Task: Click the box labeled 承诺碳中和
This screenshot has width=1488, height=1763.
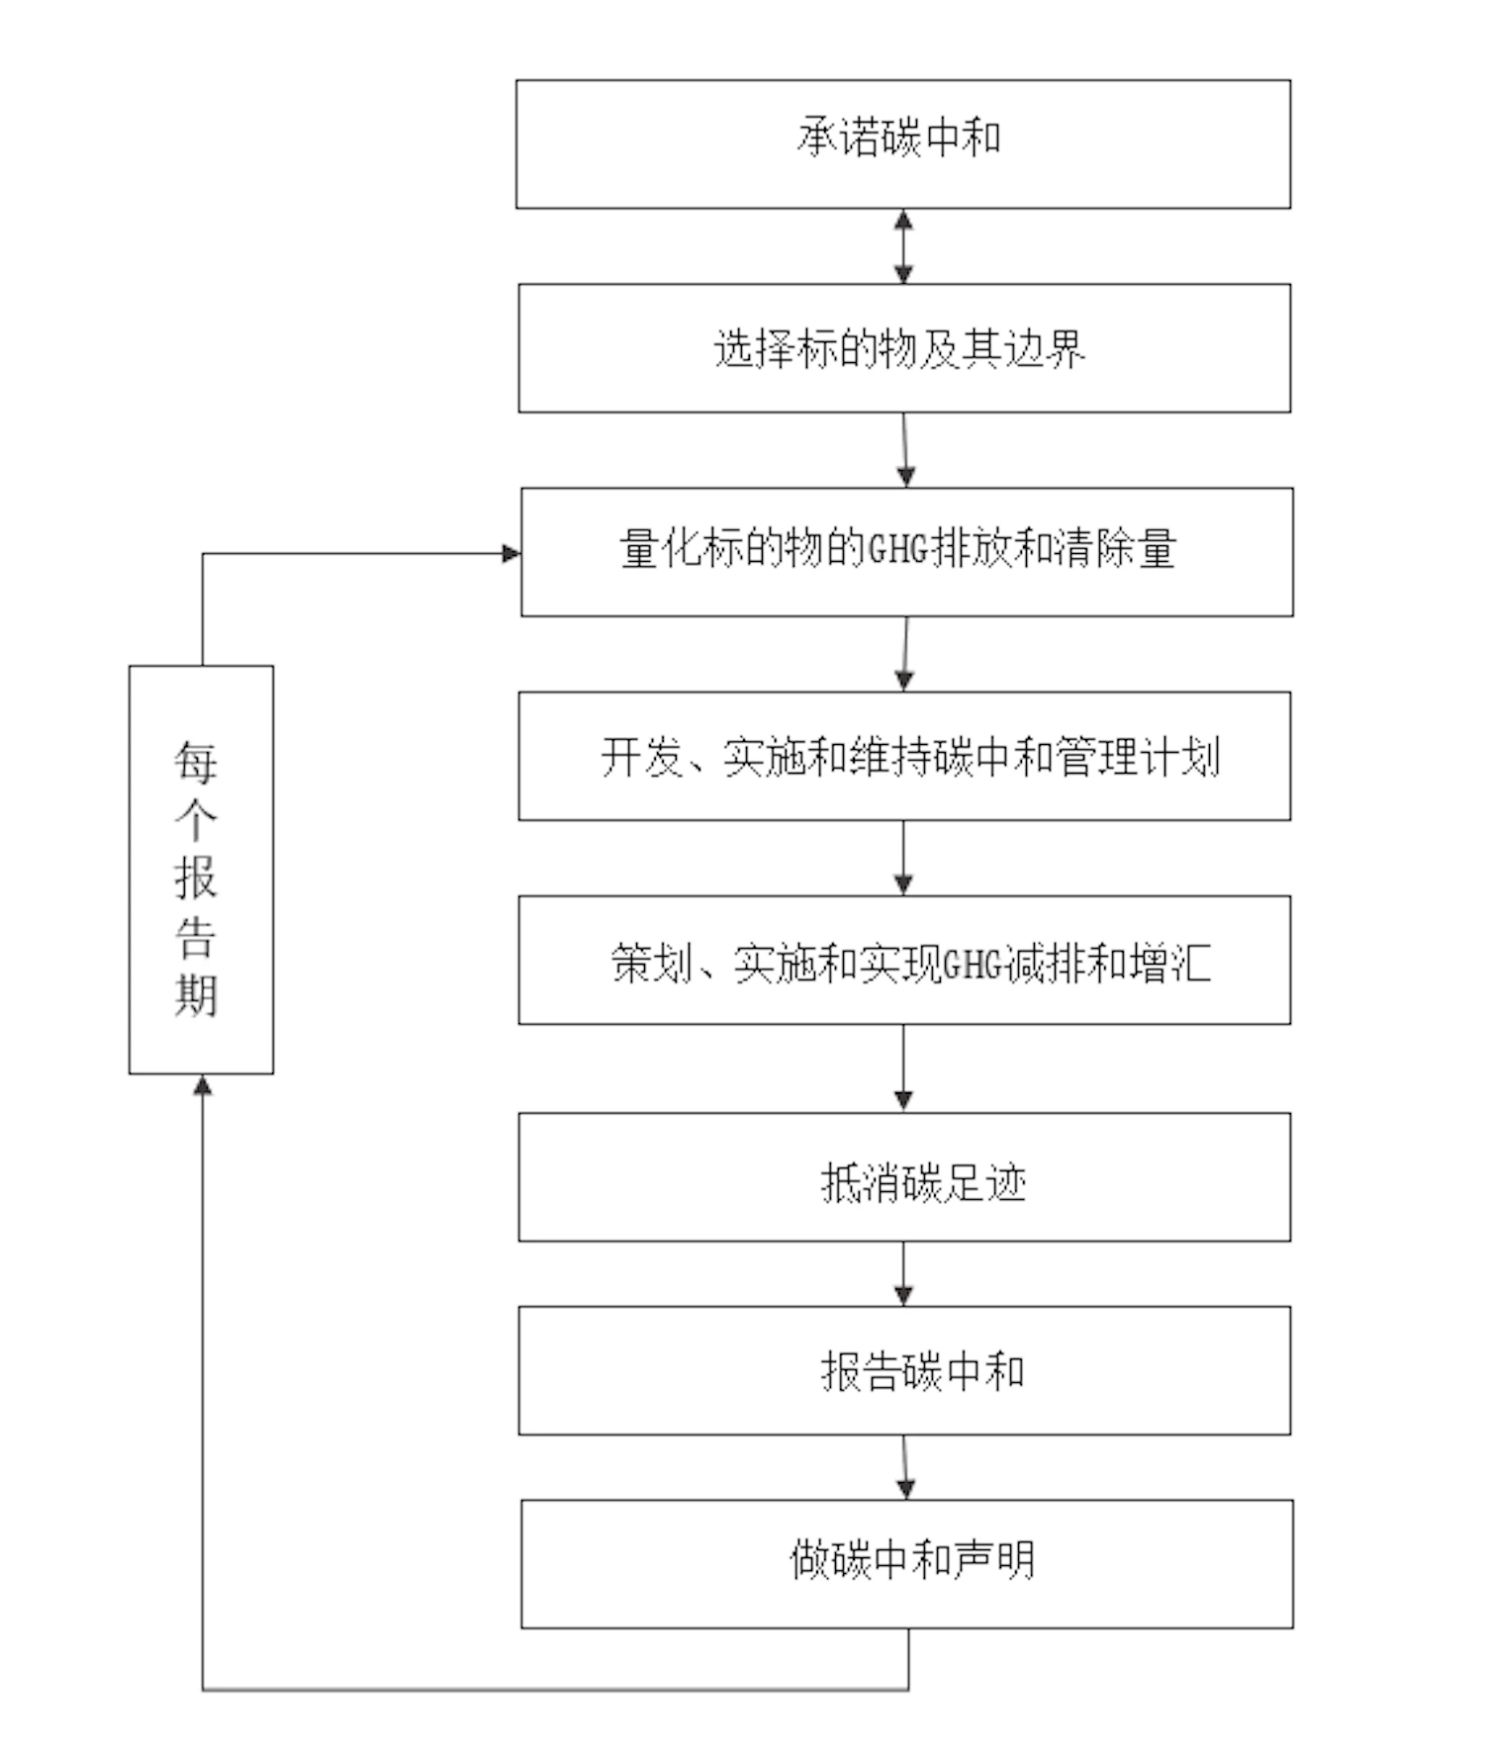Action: coord(902,143)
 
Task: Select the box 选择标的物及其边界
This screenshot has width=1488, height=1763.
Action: coord(903,348)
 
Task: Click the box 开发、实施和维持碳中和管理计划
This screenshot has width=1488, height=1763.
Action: coord(903,756)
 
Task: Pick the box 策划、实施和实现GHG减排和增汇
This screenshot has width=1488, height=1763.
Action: coord(903,961)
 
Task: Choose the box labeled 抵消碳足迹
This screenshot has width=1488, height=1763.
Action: coord(903,1177)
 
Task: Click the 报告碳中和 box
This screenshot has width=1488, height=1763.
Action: coord(903,1370)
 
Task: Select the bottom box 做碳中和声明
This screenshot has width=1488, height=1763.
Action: coord(906,1563)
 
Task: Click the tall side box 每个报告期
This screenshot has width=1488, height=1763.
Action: coord(201,869)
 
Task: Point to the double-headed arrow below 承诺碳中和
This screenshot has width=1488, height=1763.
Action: coord(903,245)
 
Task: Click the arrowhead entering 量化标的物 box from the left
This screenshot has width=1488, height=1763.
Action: coord(511,553)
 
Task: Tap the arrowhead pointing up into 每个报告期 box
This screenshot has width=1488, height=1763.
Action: coord(203,1085)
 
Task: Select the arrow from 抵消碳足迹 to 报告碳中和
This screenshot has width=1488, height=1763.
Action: coord(903,1273)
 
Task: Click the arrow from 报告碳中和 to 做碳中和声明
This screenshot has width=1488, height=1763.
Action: coord(904,1467)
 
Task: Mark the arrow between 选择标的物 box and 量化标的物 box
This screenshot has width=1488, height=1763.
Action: coord(904,450)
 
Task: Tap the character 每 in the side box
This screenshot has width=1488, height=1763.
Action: coord(195,762)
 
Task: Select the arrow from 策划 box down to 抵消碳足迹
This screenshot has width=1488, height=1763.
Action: coord(903,1068)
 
